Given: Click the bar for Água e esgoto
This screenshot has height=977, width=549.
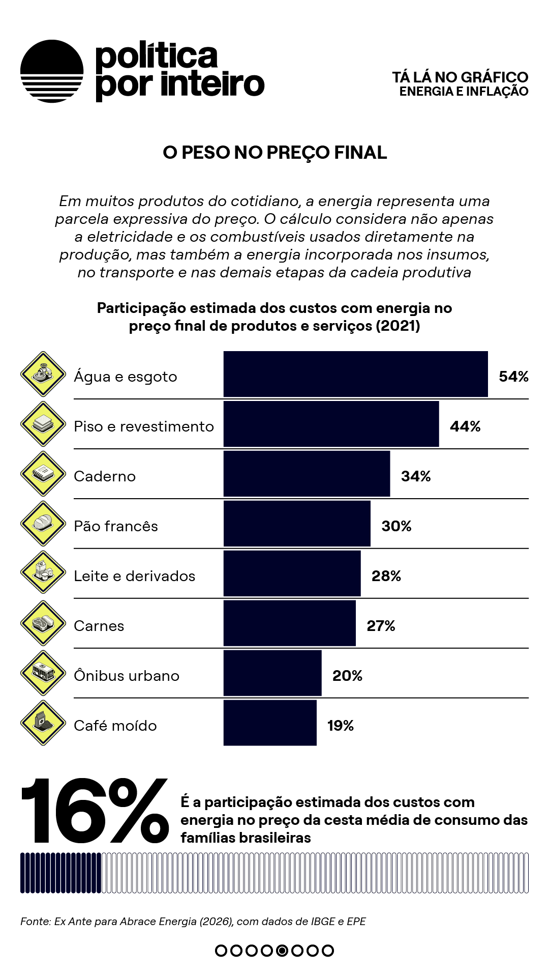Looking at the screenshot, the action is [356, 374].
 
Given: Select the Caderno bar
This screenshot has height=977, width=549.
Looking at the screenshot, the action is [307, 474].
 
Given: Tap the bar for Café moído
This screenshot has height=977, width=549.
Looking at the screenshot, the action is [270, 723].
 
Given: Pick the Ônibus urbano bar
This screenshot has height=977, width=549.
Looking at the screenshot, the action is [272, 673].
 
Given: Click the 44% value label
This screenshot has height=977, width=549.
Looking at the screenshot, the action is [465, 426].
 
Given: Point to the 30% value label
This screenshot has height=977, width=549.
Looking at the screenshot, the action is [396, 526].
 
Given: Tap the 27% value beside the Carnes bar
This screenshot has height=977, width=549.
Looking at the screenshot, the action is [381, 626].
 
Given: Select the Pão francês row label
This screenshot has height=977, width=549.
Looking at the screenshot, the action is [116, 526].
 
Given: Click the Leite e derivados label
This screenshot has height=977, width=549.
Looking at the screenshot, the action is [135, 576].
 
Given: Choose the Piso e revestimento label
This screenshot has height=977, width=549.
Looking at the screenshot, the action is [144, 426].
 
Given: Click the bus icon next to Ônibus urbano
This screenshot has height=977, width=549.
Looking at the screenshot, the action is [43, 673].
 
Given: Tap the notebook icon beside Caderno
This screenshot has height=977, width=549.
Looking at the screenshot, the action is [43, 474].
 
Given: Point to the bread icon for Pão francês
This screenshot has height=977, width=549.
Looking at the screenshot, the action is [43, 524].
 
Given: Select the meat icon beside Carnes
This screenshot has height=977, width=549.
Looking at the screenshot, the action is [43, 623].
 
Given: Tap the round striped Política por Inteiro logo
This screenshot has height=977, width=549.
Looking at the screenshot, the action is [52, 71].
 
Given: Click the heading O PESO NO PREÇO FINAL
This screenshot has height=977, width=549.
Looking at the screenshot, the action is [274, 153].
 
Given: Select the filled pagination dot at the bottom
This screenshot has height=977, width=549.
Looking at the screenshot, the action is [282, 951].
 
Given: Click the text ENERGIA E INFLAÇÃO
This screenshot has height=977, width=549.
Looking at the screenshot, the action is [464, 92].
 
